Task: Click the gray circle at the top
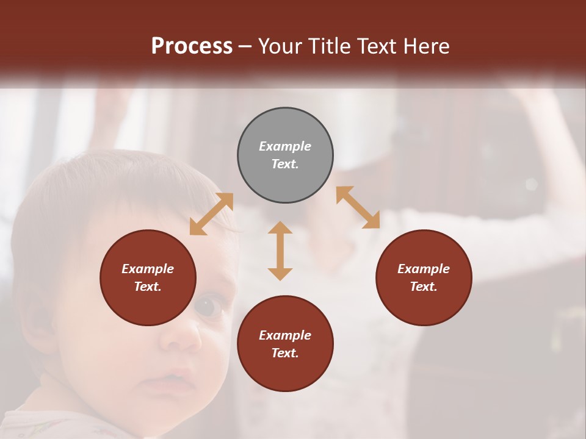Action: (285, 155)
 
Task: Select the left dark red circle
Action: (148, 277)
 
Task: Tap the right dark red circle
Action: (424, 277)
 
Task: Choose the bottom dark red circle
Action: (285, 344)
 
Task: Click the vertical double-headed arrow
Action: (280, 251)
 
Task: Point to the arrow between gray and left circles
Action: (211, 214)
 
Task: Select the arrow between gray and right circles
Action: (358, 207)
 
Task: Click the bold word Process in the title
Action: (192, 46)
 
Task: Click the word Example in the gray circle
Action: (285, 146)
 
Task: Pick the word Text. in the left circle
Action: (148, 287)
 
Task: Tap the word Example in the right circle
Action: (424, 269)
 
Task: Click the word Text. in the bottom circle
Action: (285, 353)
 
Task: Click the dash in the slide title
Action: (245, 46)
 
